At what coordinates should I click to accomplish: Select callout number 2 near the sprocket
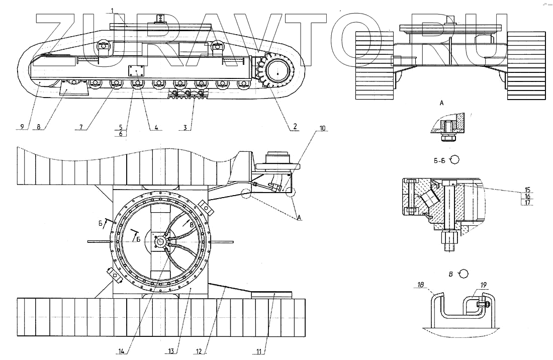294,126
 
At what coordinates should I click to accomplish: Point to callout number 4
156,128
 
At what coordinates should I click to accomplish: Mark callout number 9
21,126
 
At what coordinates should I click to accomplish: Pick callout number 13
172,351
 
